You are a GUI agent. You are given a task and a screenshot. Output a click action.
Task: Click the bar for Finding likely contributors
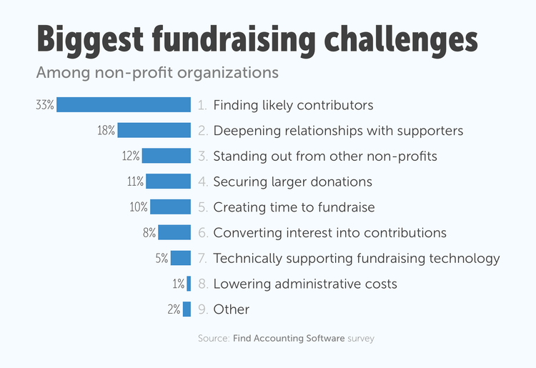tap(124, 105)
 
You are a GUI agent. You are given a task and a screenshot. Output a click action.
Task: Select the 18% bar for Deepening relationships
tap(154, 131)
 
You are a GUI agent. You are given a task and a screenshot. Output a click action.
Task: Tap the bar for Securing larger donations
tap(169, 181)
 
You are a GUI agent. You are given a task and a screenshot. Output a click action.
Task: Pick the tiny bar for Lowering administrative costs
tap(189, 284)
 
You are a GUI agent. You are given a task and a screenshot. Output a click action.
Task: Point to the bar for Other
tap(187, 309)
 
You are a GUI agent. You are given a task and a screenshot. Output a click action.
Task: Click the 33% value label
tap(44, 105)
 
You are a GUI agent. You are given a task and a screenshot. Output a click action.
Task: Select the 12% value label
tap(131, 156)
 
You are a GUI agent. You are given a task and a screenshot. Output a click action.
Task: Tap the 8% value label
tap(149, 233)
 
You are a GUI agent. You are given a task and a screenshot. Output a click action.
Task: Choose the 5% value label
tap(161, 259)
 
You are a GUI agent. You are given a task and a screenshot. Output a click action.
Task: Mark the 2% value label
tap(173, 309)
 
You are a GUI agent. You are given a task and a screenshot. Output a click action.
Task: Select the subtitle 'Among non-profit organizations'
tap(157, 73)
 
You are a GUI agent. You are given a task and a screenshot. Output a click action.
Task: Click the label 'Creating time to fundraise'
tap(294, 207)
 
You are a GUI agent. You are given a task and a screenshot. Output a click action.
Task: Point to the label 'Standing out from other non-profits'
tap(325, 156)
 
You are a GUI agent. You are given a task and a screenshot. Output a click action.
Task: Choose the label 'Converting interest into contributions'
tap(329, 233)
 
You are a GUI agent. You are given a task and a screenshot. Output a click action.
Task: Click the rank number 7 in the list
tap(202, 259)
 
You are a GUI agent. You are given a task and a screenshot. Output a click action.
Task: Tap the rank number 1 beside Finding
tap(202, 105)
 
